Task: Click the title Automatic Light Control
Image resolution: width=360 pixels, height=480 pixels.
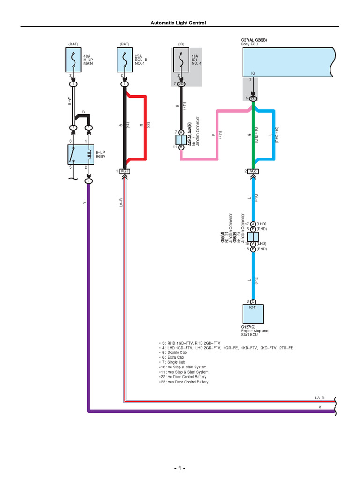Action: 178,22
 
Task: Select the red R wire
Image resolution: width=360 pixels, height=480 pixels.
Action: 147,127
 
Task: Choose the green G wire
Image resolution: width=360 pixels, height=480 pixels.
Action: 253,136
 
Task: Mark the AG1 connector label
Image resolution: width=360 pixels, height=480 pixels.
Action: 125,171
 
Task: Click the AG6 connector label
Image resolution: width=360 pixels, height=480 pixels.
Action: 253,171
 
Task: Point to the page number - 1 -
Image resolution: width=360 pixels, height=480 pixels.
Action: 180,468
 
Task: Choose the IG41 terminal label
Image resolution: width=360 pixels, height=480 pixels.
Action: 253,307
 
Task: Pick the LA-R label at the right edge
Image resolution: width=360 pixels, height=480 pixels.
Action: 320,398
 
